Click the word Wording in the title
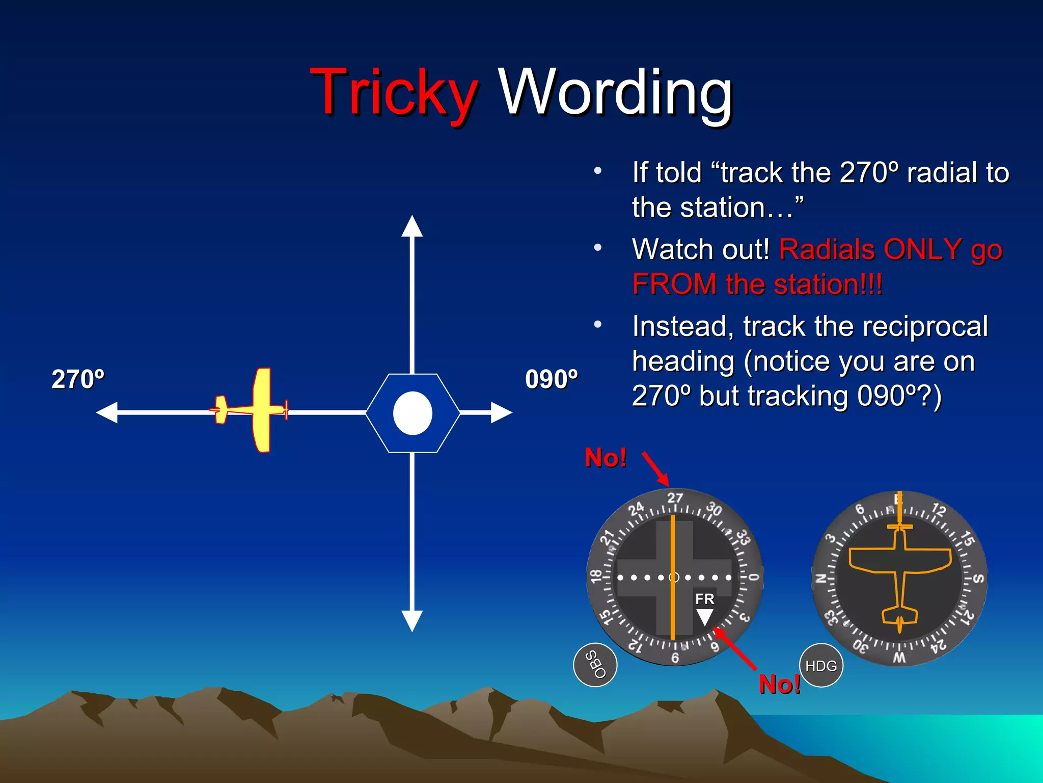click(x=615, y=93)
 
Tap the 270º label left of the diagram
click(x=78, y=379)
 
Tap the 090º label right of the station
click(x=552, y=379)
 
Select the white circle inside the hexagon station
click(x=413, y=413)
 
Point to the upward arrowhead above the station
click(x=412, y=226)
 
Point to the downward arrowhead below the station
click(x=412, y=620)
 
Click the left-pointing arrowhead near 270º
click(x=107, y=412)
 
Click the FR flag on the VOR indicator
click(x=705, y=599)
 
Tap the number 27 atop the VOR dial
click(x=675, y=498)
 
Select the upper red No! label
click(x=605, y=457)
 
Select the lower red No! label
click(x=779, y=684)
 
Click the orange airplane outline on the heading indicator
click(x=900, y=566)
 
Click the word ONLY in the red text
click(x=922, y=250)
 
